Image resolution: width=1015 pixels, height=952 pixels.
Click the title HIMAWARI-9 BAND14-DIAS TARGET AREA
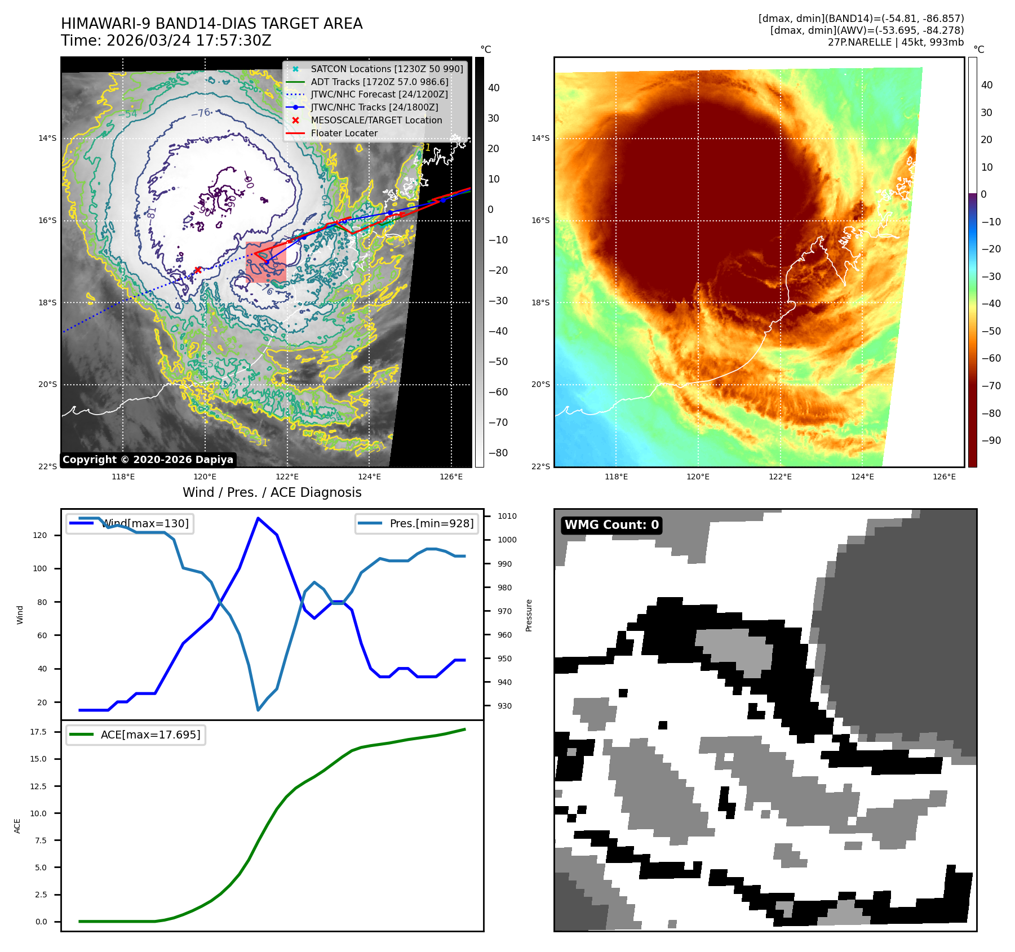(211, 24)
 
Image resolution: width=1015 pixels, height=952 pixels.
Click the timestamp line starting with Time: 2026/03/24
(166, 41)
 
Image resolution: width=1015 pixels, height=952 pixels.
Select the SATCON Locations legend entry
(387, 69)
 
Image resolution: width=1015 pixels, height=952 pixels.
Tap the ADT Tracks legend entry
(379, 82)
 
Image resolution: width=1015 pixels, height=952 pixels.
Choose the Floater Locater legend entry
(344, 133)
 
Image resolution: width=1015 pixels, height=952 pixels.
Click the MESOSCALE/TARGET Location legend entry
(376, 120)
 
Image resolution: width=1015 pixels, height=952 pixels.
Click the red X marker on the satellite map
(198, 270)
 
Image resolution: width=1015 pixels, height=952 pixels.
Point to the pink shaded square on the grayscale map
(265, 262)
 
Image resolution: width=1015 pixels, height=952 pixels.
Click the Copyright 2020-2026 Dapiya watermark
(148, 460)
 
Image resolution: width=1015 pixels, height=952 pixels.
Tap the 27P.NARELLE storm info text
(896, 42)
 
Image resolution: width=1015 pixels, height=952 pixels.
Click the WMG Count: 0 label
(611, 525)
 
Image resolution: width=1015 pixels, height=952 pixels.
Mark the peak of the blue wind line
(258, 518)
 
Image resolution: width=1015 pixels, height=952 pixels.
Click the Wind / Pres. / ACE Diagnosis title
(272, 492)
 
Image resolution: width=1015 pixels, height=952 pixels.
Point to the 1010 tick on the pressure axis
(507, 516)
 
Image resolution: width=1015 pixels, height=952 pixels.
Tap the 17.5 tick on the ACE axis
(38, 732)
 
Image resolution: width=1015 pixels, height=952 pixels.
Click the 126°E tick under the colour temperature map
(944, 477)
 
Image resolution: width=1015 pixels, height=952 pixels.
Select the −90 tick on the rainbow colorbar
(991, 441)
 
